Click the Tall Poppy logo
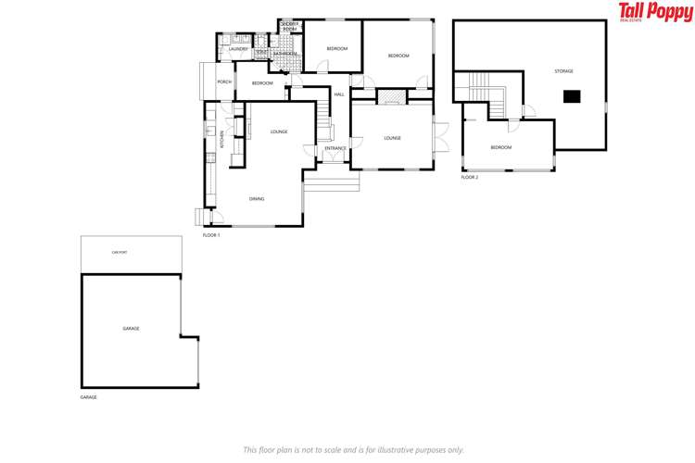(655, 12)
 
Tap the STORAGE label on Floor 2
(563, 71)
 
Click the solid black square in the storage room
(572, 94)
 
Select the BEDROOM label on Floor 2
(500, 148)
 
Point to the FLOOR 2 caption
(470, 177)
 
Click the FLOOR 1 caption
(211, 235)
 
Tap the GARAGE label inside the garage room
(131, 329)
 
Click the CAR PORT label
(118, 252)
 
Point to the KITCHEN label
(222, 139)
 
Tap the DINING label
(257, 199)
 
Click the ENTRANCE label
(335, 148)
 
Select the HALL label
(339, 94)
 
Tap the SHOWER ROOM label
(289, 27)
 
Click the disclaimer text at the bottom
(353, 449)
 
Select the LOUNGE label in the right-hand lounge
(392, 139)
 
